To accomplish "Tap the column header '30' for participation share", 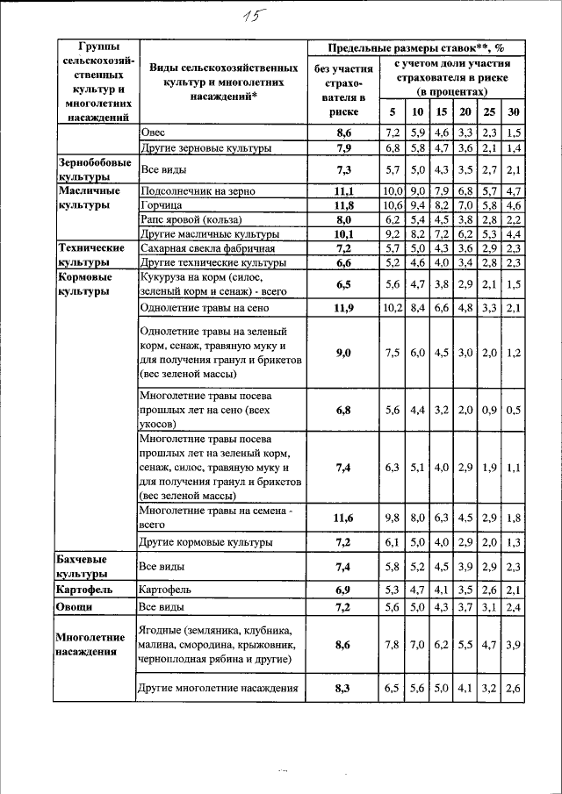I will pos(514,112).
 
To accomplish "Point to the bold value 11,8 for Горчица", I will pos(343,205).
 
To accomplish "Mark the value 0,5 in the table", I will pos(514,410).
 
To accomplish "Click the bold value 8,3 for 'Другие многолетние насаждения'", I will pos(343,689).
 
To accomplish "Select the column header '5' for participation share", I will pos(392,112).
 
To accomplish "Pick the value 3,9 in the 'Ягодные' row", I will pos(514,645).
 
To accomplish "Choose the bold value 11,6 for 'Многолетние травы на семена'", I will pos(343,518).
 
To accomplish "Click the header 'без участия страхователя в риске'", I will pos(343,90).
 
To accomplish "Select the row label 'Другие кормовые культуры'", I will pos(206,543).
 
